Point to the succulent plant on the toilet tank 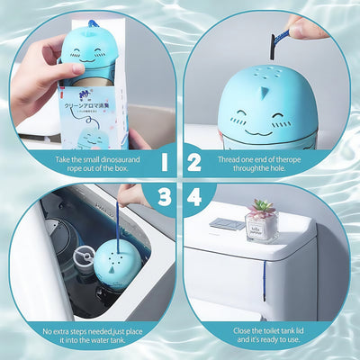[x=263, y=209]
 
